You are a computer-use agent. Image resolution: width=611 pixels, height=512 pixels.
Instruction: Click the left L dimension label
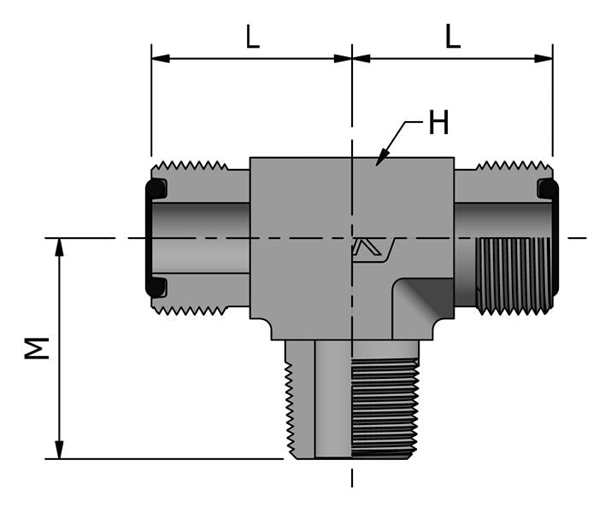click(x=252, y=37)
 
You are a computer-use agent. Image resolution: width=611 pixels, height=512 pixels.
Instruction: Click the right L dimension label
click(x=453, y=37)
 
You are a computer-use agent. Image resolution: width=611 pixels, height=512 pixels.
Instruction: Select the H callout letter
click(x=438, y=125)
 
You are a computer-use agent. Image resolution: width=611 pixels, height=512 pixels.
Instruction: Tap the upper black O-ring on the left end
click(x=156, y=189)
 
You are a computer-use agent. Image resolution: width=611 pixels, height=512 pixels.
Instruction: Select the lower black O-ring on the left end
click(x=156, y=287)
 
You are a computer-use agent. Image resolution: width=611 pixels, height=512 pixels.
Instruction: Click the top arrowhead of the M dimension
click(x=59, y=247)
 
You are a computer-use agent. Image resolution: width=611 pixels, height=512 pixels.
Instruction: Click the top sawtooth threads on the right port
click(x=510, y=165)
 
